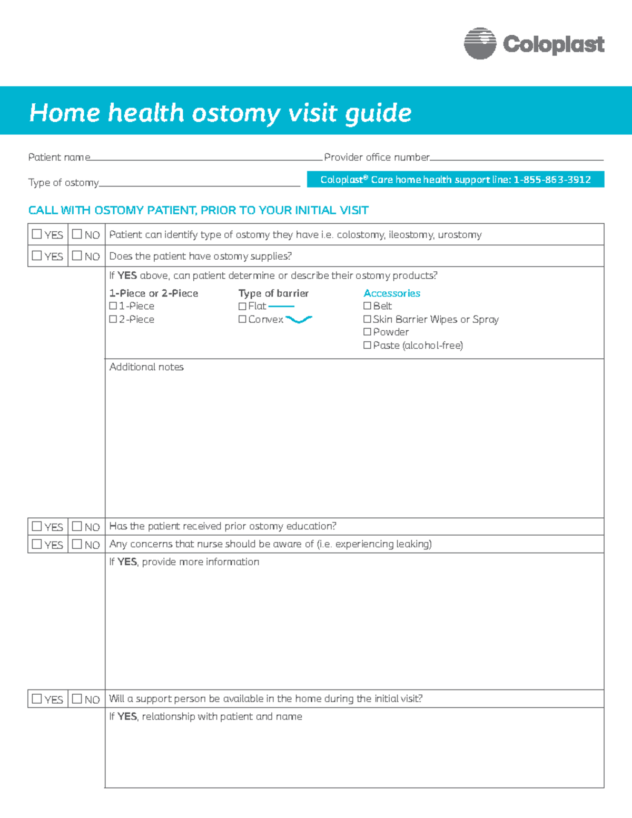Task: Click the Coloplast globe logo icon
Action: tap(480, 43)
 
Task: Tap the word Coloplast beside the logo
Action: tap(554, 44)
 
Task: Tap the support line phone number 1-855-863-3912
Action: tap(552, 180)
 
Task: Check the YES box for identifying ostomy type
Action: tap(37, 234)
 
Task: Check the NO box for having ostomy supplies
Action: tap(77, 255)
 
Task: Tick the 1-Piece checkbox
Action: tap(113, 306)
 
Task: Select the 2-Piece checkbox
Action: tap(113, 319)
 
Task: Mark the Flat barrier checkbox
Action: tap(242, 306)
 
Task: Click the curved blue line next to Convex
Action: tap(299, 319)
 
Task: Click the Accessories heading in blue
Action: tap(392, 293)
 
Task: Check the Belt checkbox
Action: tap(367, 306)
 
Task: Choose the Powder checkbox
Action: tap(367, 332)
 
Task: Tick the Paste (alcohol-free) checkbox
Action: tap(367, 346)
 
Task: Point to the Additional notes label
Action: tap(146, 367)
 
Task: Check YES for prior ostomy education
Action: tap(37, 526)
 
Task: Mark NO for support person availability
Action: tap(77, 699)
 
